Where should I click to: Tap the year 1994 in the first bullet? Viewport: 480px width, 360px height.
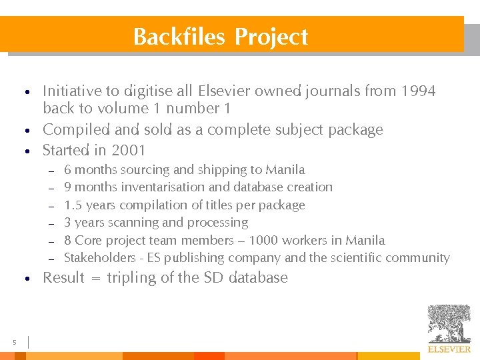tap(418, 91)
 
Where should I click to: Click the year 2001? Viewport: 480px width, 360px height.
tap(129, 150)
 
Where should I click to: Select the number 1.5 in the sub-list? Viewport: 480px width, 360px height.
tap(73, 205)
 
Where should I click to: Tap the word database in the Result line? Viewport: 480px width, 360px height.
tap(258, 277)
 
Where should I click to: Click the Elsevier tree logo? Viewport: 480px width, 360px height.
tap(449, 323)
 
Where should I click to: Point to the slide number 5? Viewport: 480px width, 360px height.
tap(14, 343)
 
